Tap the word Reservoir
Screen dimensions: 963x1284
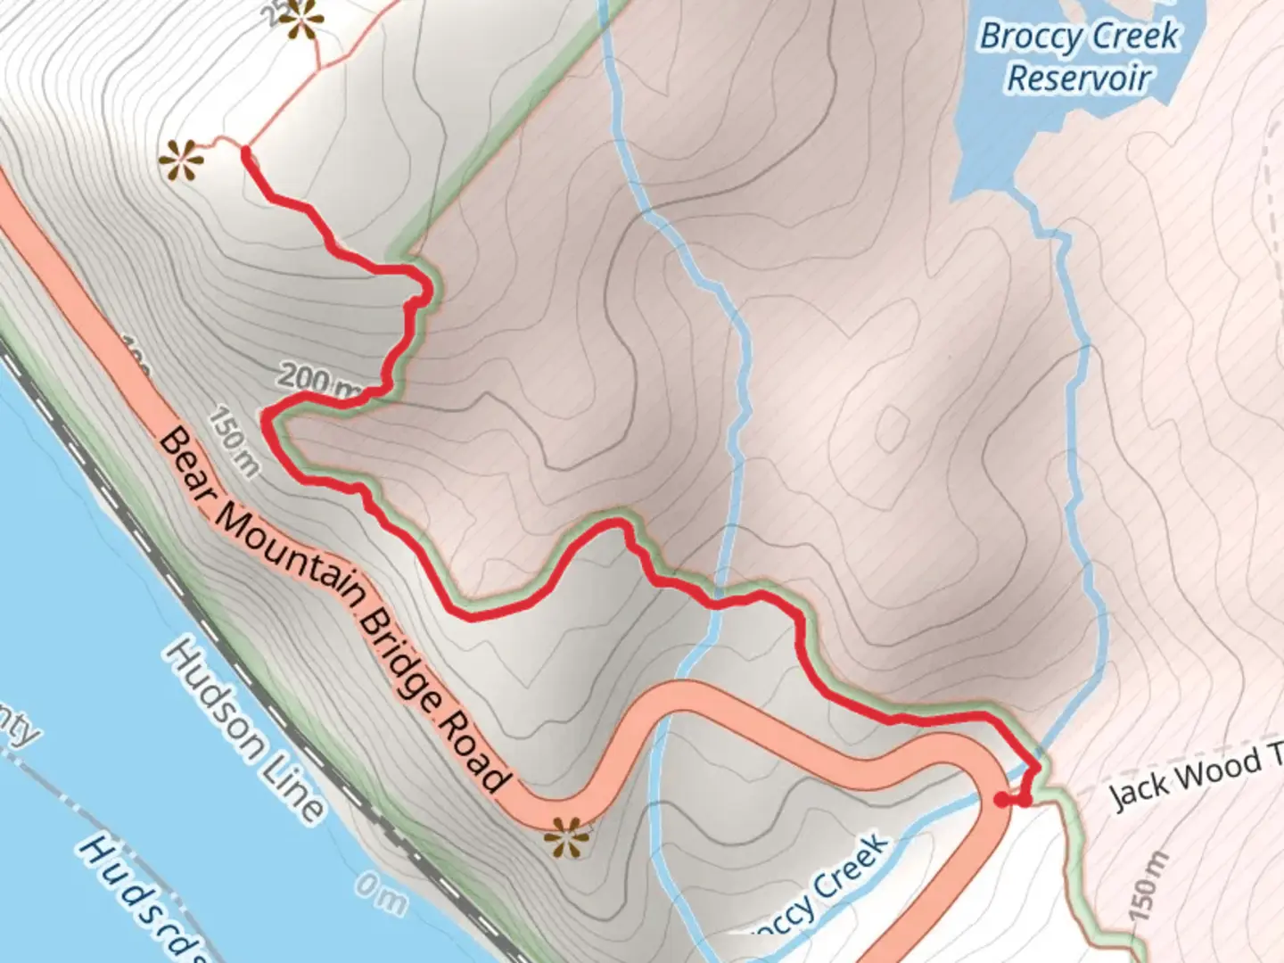(1079, 78)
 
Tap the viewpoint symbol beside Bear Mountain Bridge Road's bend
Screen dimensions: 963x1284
(568, 837)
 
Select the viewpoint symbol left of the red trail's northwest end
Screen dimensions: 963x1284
(181, 161)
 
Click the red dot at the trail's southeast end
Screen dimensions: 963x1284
(1002, 800)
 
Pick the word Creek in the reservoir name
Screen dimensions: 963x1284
(1134, 36)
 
